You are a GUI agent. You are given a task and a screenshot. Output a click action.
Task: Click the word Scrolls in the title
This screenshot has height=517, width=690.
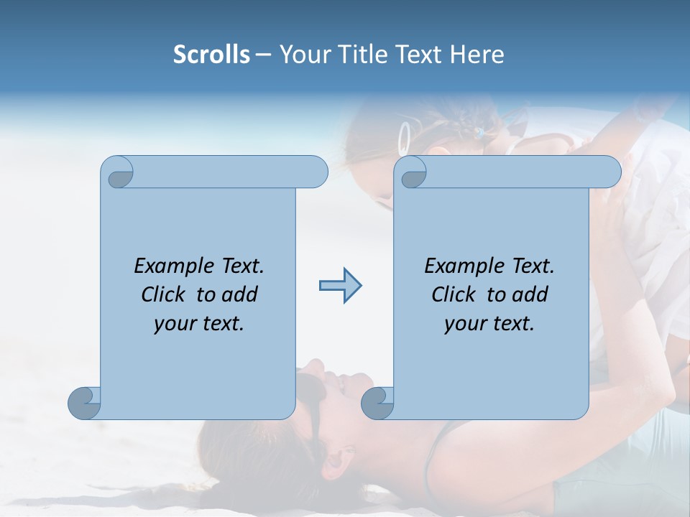click(x=211, y=55)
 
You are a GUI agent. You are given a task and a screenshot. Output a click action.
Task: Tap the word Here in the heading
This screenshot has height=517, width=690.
click(x=477, y=55)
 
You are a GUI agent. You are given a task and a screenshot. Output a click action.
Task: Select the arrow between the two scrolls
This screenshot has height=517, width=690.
click(x=340, y=286)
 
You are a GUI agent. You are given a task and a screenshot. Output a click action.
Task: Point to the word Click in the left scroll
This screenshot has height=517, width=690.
click(x=167, y=294)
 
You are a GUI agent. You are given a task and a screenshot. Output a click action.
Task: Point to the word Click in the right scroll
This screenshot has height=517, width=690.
click(x=457, y=294)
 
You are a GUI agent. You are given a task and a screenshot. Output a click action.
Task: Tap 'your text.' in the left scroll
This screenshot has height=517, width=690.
click(x=199, y=323)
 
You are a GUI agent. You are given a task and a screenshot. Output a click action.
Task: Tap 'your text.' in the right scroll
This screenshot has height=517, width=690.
click(x=489, y=323)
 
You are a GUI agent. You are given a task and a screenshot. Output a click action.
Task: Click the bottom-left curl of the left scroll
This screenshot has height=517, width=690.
click(x=84, y=402)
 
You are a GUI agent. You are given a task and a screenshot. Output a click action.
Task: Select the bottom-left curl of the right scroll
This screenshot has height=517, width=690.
click(x=377, y=402)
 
